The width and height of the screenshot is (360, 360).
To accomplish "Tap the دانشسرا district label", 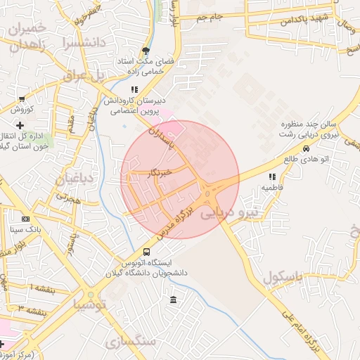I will (83, 42).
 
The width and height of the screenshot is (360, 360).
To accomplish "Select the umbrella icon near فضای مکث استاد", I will (146, 51).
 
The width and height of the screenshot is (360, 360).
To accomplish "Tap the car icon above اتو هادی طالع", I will (306, 149).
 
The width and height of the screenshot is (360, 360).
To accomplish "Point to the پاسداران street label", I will (166, 139).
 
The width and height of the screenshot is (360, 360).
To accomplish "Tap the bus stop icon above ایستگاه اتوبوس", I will (146, 252).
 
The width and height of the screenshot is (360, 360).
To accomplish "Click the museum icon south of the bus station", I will (173, 301).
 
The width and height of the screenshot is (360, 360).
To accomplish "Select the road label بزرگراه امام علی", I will (303, 331).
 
